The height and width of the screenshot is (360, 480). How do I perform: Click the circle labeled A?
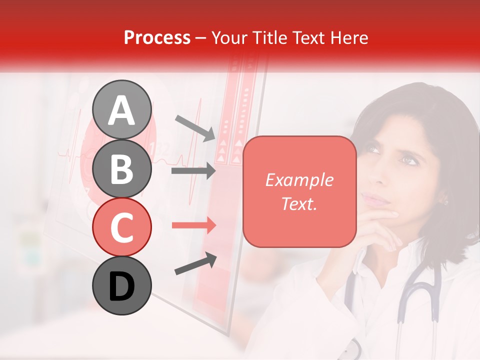(122, 109)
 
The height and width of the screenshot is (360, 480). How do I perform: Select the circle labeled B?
(122, 168)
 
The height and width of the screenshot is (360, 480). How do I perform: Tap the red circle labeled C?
(122, 227)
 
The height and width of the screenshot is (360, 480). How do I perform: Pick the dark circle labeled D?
(122, 286)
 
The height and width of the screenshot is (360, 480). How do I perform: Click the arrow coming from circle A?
(195, 127)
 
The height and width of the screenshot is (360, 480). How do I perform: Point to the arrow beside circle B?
(193, 171)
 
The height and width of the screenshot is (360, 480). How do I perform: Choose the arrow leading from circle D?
(195, 264)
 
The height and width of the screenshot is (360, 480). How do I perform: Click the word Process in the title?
(157, 37)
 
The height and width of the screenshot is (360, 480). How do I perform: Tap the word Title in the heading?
(270, 37)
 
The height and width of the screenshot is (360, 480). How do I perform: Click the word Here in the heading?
(349, 37)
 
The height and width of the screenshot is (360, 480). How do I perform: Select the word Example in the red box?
(299, 180)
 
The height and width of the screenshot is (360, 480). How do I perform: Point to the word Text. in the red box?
(299, 203)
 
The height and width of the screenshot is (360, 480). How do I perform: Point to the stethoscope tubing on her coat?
(415, 295)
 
